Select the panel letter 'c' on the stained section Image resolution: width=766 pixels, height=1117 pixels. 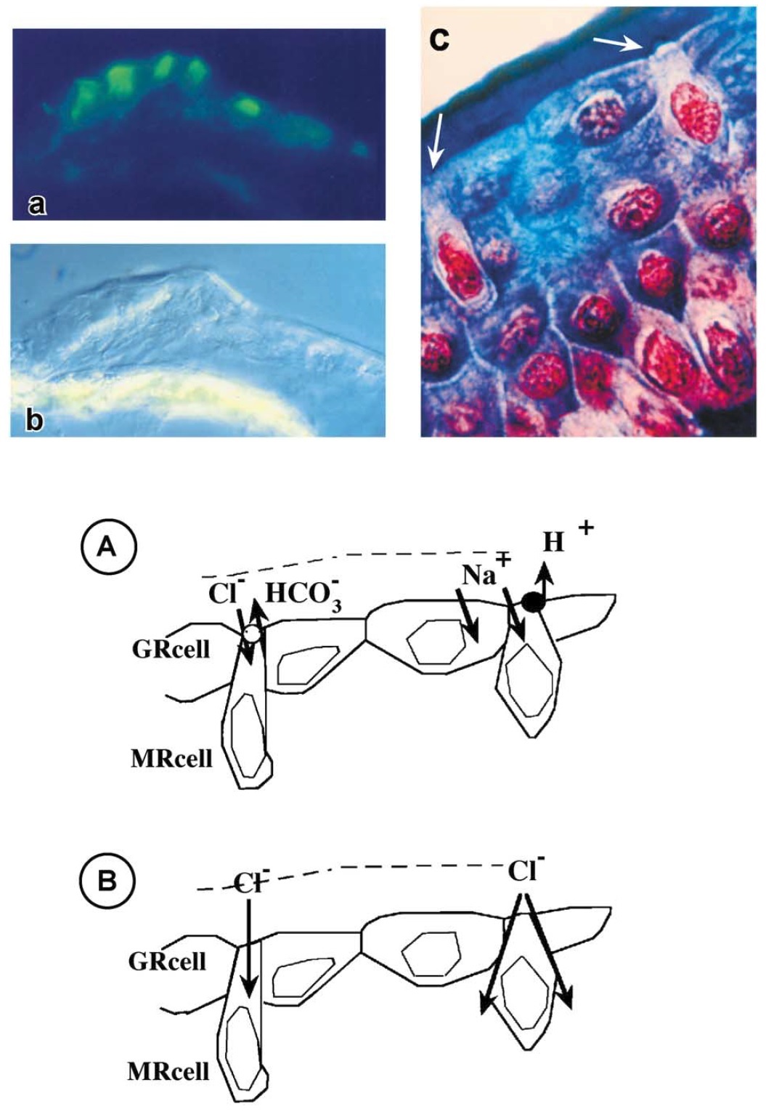(439, 39)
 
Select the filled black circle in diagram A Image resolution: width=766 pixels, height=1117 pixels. (532, 603)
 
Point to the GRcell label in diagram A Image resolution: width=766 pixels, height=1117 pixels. (171, 650)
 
